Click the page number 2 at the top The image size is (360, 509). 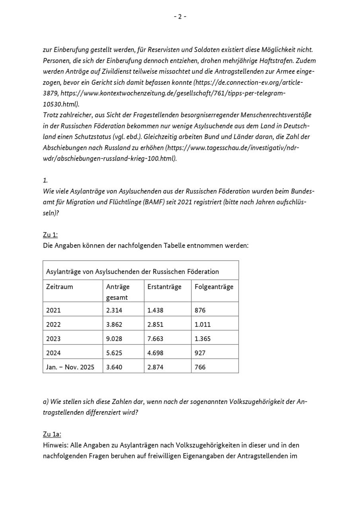pyautogui.click(x=180, y=16)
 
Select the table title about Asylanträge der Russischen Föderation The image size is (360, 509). pyautogui.click(x=132, y=272)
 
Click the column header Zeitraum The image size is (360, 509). pyautogui.click(x=60, y=286)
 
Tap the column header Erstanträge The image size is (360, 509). pyautogui.click(x=164, y=286)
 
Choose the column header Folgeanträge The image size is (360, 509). pyautogui.click(x=214, y=286)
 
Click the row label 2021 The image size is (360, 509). pyautogui.click(x=53, y=310)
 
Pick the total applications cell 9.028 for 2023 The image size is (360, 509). pyautogui.click(x=114, y=339)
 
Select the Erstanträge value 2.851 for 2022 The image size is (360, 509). pyautogui.click(x=155, y=324)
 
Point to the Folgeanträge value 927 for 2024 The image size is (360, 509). pyautogui.click(x=200, y=353)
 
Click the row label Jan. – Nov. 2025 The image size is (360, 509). pyautogui.click(x=70, y=367)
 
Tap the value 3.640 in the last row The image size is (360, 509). pyautogui.click(x=114, y=367)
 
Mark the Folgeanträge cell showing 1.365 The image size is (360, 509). pyautogui.click(x=202, y=339)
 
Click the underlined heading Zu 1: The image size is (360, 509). pyautogui.click(x=50, y=235)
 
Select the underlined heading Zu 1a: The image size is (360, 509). pyautogui.click(x=52, y=434)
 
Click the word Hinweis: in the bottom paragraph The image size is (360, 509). pyautogui.click(x=56, y=445)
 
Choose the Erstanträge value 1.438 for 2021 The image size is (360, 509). pyautogui.click(x=155, y=310)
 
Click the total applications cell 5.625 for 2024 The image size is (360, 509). pyautogui.click(x=114, y=353)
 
